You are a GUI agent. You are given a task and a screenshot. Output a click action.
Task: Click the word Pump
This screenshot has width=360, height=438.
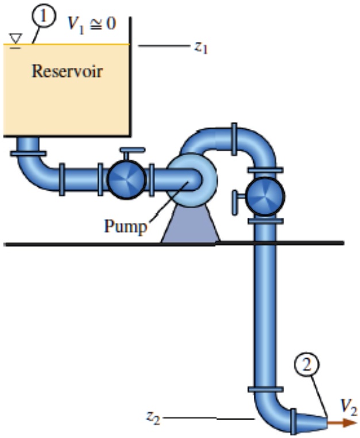(x=125, y=225)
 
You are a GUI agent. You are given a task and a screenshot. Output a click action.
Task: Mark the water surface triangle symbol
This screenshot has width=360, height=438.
(x=16, y=39)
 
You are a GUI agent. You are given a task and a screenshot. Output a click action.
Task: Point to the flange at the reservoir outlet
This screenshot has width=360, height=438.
(x=27, y=153)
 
